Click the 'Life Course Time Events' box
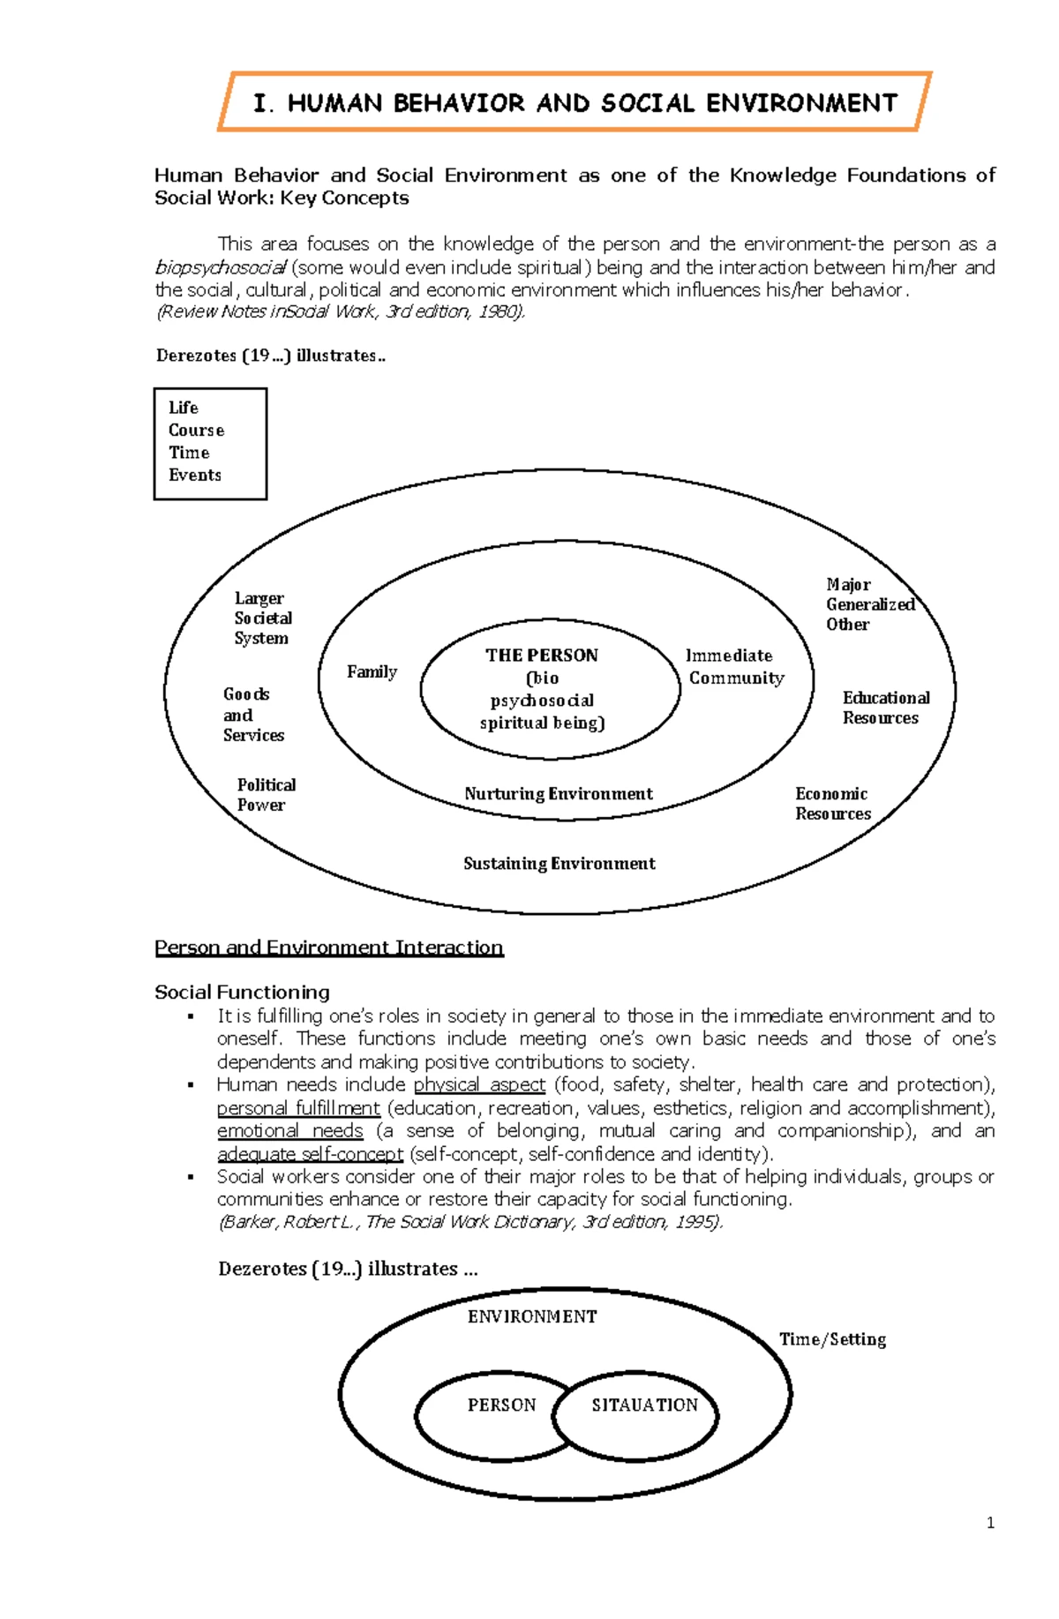point(210,443)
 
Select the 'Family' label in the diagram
point(372,672)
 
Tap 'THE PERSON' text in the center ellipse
point(542,656)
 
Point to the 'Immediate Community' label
point(734,667)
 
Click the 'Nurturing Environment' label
point(559,794)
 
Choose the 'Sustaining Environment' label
point(560,864)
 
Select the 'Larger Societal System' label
point(262,618)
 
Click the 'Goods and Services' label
point(252,715)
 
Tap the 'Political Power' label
point(266,795)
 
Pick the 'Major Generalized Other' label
point(868,604)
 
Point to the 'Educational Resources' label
point(885,708)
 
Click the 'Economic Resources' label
point(832,804)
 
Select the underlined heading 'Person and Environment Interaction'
point(328,948)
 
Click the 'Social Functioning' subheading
point(242,993)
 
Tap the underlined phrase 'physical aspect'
point(479,1084)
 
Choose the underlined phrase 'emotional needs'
point(290,1131)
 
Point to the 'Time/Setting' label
point(832,1339)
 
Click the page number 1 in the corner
point(990,1523)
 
